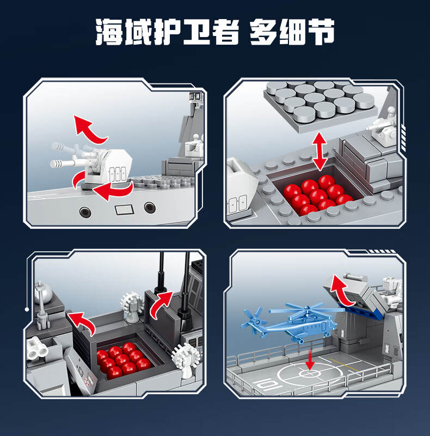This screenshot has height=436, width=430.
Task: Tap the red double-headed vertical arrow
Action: (319, 152)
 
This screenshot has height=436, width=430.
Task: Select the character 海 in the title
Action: (109, 32)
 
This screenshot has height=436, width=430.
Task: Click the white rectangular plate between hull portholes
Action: (125, 210)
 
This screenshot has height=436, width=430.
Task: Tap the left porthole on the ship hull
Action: (85, 212)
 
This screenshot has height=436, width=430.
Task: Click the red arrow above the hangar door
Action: (341, 290)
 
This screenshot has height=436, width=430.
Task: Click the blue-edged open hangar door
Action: (353, 295)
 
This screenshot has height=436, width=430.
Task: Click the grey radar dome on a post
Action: (43, 293)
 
